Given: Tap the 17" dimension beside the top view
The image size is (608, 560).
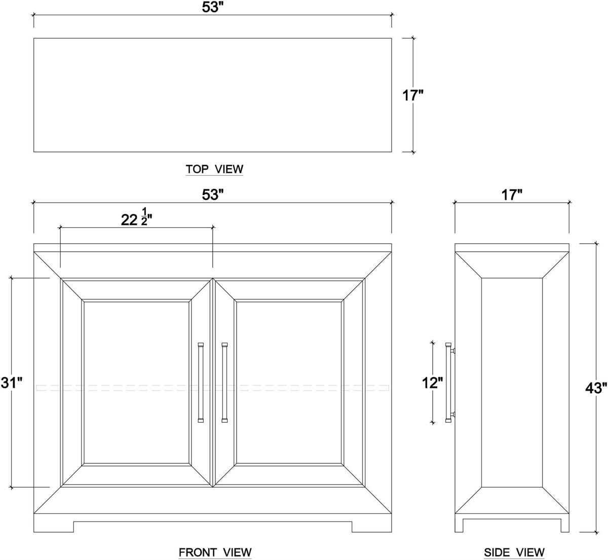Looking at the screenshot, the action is click(412, 95).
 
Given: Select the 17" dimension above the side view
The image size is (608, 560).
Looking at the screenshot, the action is click(512, 194).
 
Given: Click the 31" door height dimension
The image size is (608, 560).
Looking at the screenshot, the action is click(12, 382).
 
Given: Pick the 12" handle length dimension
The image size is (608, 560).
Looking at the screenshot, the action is click(433, 383).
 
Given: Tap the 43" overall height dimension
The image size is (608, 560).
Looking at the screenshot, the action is click(596, 387).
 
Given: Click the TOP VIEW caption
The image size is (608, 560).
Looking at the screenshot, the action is click(214, 169).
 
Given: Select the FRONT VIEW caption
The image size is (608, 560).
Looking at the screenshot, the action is click(215, 552).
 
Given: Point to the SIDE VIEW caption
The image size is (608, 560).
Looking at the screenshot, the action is click(514, 552).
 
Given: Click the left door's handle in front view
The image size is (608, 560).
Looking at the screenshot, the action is click(201, 382).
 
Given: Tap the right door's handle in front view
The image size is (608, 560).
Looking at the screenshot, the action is click(224, 382).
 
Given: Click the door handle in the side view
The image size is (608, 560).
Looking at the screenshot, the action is click(450, 382).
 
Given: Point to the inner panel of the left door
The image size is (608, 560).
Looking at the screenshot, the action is click(136, 382).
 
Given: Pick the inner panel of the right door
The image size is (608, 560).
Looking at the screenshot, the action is click(289, 382).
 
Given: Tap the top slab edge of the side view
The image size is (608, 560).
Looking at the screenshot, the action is click(512, 248).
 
